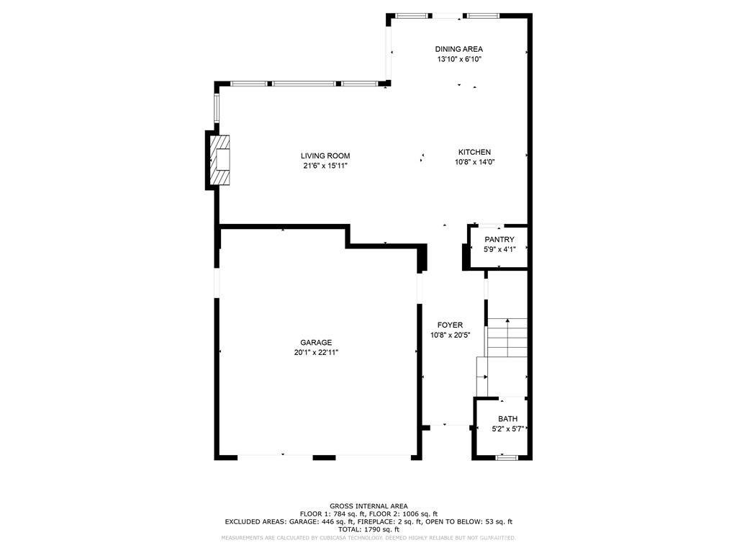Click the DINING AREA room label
coord(458,49)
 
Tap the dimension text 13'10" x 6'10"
coord(458,60)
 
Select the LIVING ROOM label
coord(325,156)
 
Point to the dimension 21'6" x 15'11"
coord(325,166)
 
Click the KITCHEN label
coord(474,152)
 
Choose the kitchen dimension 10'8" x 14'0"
coord(474,162)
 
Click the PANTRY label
coord(499,240)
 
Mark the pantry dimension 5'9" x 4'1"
coord(499,250)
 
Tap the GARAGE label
coord(316,343)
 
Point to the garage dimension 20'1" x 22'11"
coord(316,353)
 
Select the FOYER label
coord(450,325)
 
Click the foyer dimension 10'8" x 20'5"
coord(450,336)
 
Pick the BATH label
coord(507,419)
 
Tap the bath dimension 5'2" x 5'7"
coord(507,430)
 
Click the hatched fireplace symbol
coord(221,160)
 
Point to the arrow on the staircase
coord(507,321)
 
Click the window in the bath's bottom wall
coord(507,457)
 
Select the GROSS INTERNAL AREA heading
coord(368,506)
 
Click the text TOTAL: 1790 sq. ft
coord(368,529)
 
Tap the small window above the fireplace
coord(216,107)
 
